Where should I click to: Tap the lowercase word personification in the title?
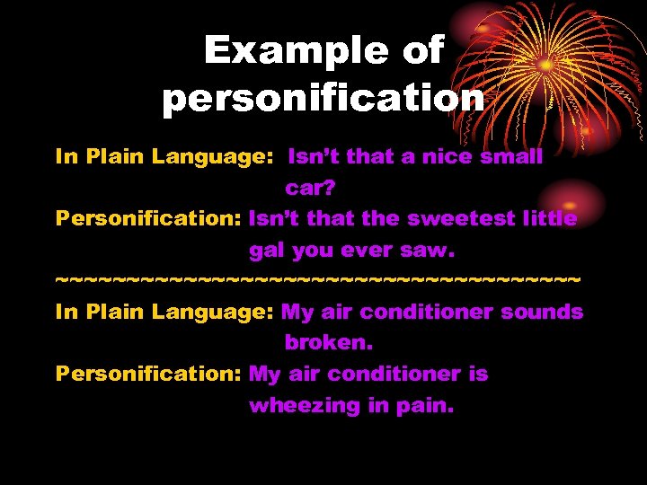[323, 96]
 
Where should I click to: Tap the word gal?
[267, 251]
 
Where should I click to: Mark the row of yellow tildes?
[318, 281]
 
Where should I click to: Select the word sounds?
[543, 313]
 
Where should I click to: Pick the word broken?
[329, 343]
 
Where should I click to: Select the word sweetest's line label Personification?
[148, 219]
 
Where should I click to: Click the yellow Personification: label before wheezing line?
[148, 375]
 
